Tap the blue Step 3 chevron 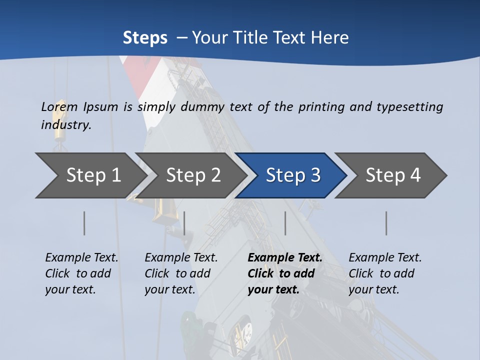(293, 175)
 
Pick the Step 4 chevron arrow (393, 175)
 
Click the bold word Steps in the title (145, 38)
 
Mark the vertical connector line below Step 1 (84, 223)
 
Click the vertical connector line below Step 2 (184, 223)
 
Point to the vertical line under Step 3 (285, 223)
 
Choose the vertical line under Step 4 (386, 223)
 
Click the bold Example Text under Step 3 (285, 258)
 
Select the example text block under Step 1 (81, 273)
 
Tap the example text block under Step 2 (181, 273)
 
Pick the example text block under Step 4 (385, 273)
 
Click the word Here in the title (329, 38)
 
